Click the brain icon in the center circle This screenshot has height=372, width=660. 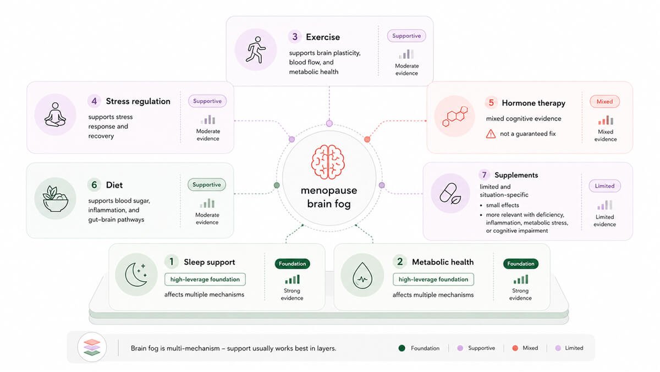tap(328, 162)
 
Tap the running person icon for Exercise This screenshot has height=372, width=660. tap(255, 50)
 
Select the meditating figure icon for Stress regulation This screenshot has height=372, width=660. tap(55, 114)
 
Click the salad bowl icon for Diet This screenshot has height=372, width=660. tap(56, 199)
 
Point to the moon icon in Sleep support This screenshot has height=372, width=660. tap(136, 275)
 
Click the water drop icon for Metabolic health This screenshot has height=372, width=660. tap(362, 275)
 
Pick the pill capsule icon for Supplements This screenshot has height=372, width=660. tap(450, 194)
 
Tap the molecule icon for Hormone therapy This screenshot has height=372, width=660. tap(455, 116)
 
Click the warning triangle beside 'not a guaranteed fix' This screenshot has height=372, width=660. tap(491, 134)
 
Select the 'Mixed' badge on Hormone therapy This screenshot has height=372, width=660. tap(604, 102)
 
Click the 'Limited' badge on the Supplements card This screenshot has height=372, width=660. tap(604, 186)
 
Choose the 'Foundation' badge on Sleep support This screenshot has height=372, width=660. tap(292, 264)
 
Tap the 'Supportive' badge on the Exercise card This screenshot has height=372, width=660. tap(406, 36)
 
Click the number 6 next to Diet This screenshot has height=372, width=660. tap(94, 185)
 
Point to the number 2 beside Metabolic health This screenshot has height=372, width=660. tap(400, 261)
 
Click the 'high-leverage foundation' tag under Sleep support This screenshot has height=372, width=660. tap(205, 280)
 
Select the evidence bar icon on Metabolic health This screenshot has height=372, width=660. tap(521, 279)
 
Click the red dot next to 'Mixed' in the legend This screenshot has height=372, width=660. tap(515, 348)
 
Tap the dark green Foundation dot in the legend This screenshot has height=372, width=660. tap(402, 348)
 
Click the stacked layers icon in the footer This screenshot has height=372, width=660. tap(92, 347)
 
